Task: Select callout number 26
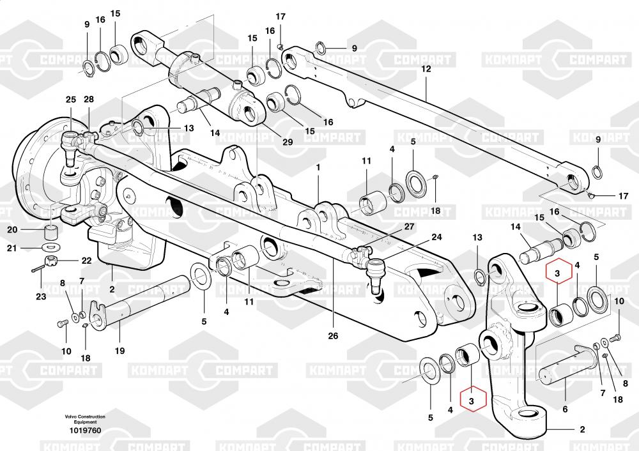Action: [x=333, y=336]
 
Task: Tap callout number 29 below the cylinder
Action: [x=287, y=142]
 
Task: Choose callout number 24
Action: [x=436, y=237]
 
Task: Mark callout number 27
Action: [x=409, y=227]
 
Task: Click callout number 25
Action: [x=70, y=100]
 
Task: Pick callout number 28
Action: [x=88, y=100]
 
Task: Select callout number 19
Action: [x=119, y=351]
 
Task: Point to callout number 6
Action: [x=564, y=409]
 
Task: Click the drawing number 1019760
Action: [x=85, y=431]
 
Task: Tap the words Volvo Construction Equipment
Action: [x=85, y=419]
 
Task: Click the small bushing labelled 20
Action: [x=50, y=229]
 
